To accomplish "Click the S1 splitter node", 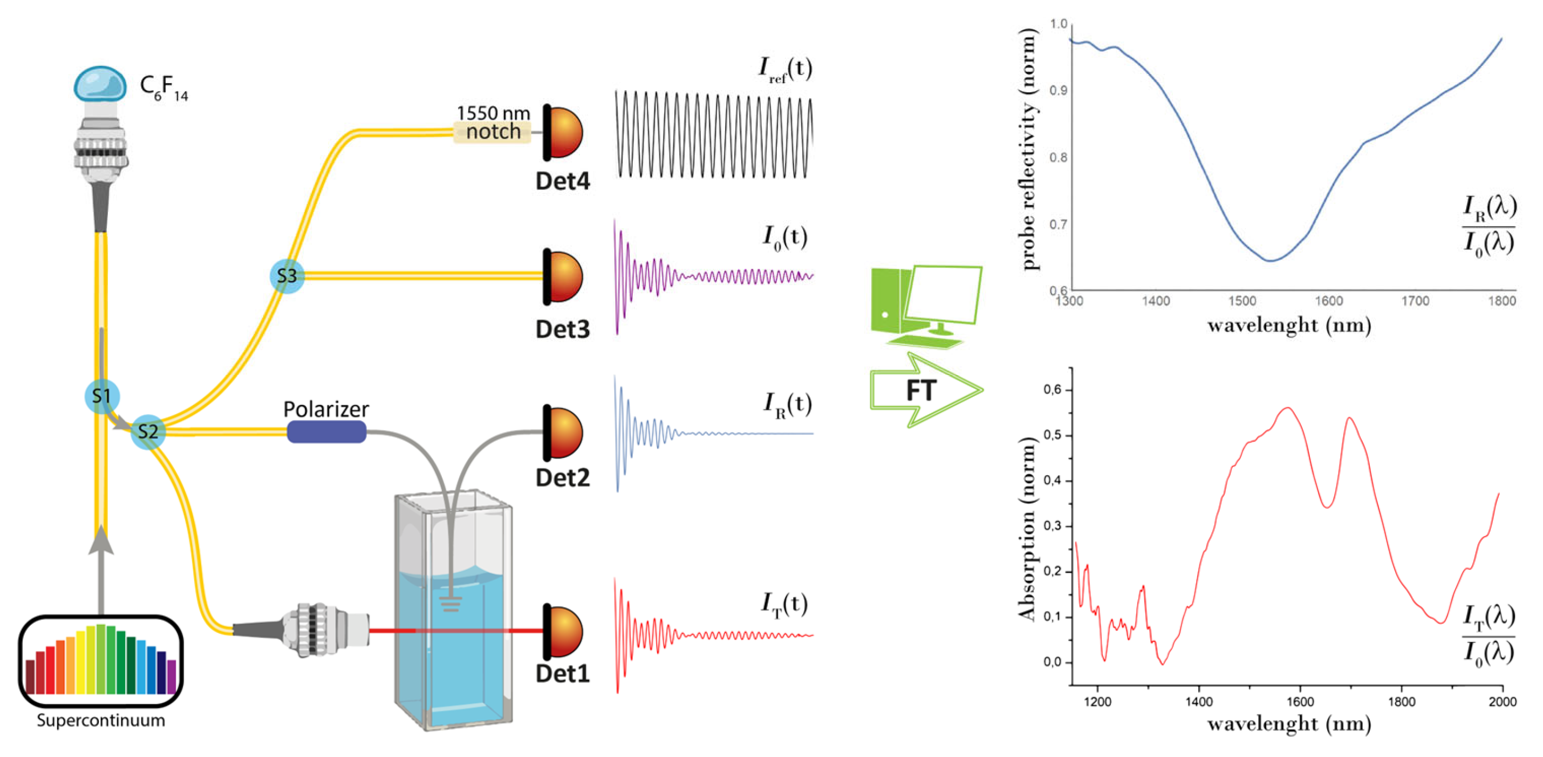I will (x=102, y=396).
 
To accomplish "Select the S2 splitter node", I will (x=148, y=431).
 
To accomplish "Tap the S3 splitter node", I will (x=287, y=276).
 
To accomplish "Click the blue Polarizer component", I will (x=326, y=431).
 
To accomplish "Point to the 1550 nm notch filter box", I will (x=493, y=131).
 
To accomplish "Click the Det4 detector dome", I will (x=564, y=132).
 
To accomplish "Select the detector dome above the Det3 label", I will (x=564, y=276).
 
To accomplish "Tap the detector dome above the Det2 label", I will (x=564, y=432).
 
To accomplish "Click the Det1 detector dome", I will (x=564, y=632).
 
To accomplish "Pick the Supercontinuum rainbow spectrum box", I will (x=101, y=660).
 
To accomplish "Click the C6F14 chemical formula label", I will (x=163, y=88).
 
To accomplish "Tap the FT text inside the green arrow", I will (x=920, y=391).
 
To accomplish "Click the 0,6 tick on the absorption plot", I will (x=1052, y=390).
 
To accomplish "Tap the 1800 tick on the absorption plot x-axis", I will (x=1402, y=701).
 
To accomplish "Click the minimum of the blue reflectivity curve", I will (x=1271, y=261).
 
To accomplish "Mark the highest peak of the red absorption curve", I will (x=1288, y=408).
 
